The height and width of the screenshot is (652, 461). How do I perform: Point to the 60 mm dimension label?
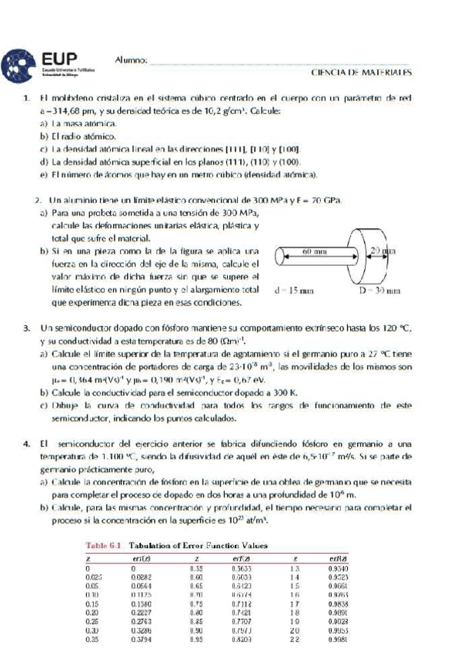[x=312, y=251]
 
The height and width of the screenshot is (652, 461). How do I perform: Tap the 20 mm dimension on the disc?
[x=382, y=251]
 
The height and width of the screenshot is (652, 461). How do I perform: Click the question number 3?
[x=26, y=328]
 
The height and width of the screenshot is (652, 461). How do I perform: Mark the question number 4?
[x=26, y=444]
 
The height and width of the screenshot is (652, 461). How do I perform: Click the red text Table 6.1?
[x=103, y=545]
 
